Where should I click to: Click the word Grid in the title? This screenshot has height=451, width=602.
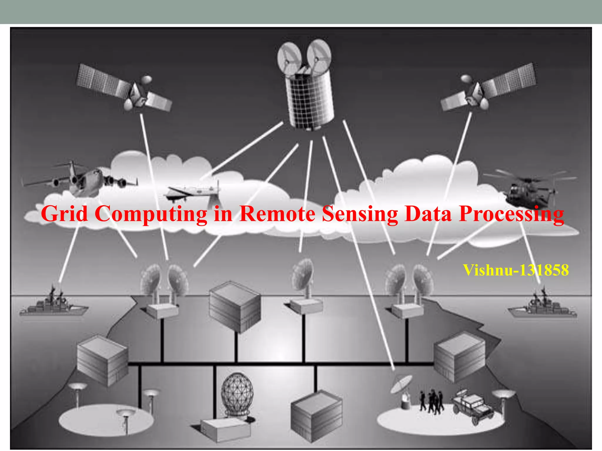(64, 214)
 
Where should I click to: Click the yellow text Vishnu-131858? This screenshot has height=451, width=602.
(516, 270)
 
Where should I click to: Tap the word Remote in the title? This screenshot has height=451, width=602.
(277, 214)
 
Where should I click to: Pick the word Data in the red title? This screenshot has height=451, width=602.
(428, 214)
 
